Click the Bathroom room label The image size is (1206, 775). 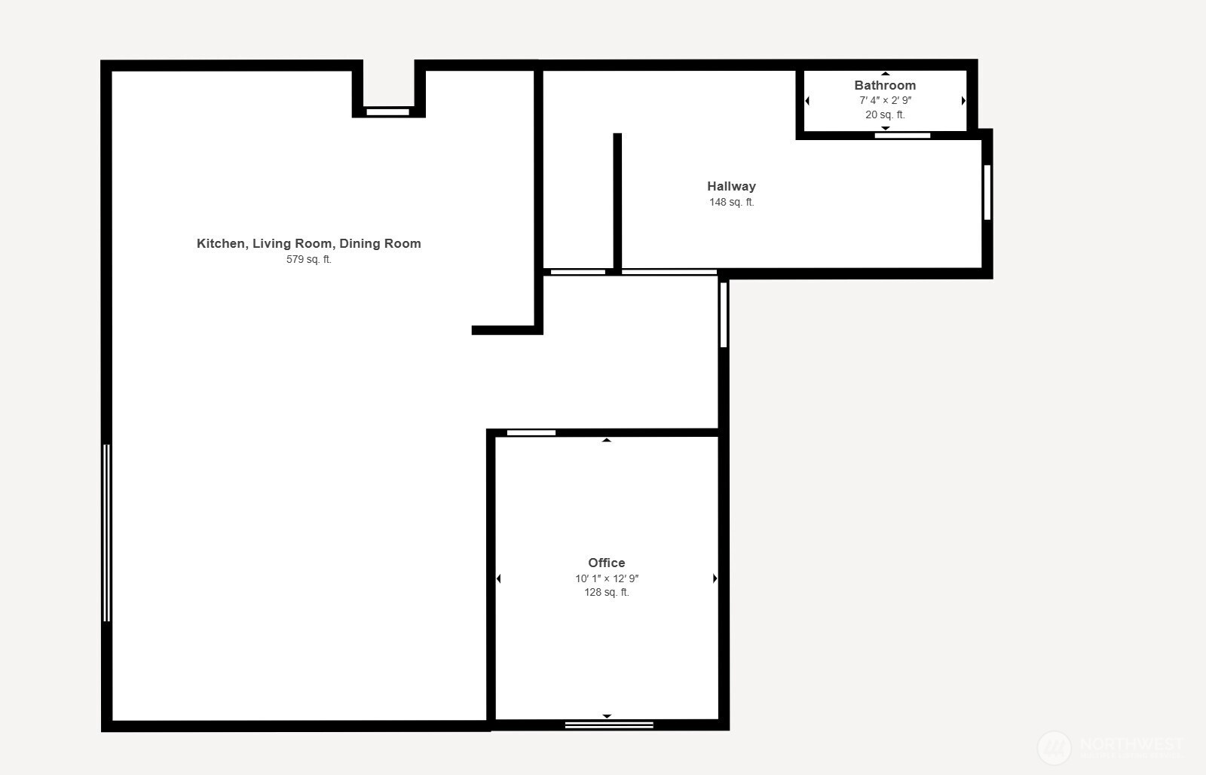point(885,85)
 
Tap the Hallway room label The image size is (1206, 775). point(731,186)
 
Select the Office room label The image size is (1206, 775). point(606,563)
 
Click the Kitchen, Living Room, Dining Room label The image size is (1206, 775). point(308,243)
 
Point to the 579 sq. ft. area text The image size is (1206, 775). point(308,259)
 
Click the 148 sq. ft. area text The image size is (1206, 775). point(731,202)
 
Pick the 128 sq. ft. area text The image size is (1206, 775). point(606,592)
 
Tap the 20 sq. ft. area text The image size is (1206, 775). point(885,114)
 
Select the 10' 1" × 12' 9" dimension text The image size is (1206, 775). point(606,578)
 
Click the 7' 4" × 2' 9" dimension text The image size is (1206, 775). point(885,100)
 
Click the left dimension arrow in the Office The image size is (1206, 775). point(498,578)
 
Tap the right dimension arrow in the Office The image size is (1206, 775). point(715,578)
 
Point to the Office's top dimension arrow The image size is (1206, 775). point(606,440)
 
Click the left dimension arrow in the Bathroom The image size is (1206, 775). point(807,101)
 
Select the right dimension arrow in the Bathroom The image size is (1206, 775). point(963,101)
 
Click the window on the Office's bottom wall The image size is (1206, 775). point(609,725)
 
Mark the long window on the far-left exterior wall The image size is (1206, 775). point(106,532)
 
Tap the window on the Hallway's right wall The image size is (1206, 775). point(987,192)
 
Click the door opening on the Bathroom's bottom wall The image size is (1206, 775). point(902,136)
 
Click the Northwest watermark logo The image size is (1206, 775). point(1054,747)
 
